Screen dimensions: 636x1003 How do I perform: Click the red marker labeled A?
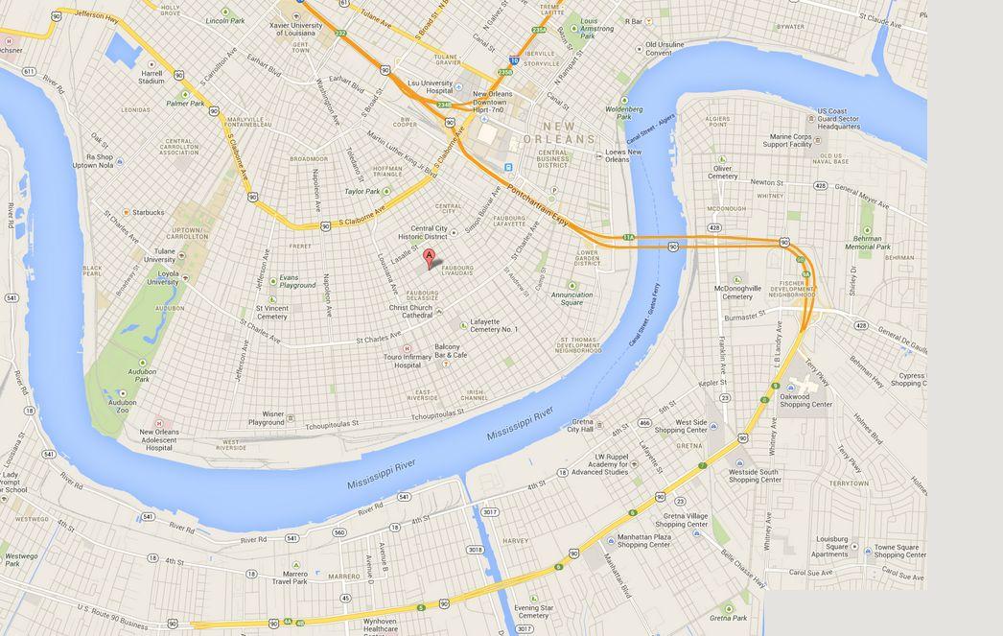click(430, 257)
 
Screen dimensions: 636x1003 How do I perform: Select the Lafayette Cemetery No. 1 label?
click(494, 325)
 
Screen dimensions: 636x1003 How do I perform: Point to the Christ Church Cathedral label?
click(410, 311)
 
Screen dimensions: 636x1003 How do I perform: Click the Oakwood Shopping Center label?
click(805, 399)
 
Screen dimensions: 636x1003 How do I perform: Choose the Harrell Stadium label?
click(152, 77)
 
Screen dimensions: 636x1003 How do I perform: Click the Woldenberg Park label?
click(623, 113)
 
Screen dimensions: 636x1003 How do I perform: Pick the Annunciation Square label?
click(571, 298)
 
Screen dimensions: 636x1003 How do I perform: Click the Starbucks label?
click(148, 212)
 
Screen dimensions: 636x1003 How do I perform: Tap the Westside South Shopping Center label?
click(755, 476)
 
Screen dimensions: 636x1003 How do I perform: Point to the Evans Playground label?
click(297, 281)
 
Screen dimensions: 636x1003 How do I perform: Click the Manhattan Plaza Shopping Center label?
click(643, 541)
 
